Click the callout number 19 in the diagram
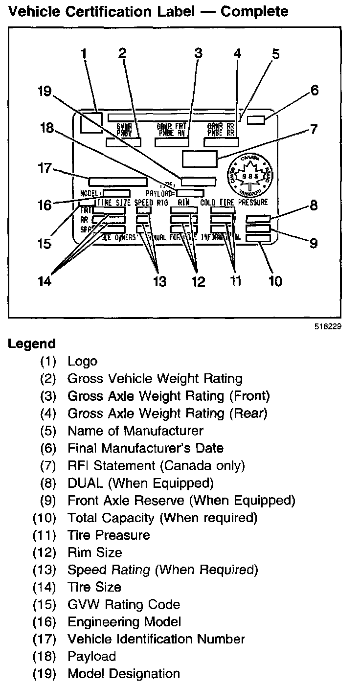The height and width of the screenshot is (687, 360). pos(45,92)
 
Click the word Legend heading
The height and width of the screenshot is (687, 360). pos(31,343)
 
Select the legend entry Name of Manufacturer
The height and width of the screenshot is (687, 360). pos(135,431)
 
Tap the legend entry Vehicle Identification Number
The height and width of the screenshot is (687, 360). pos(156,639)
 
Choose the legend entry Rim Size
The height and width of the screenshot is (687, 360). pos(95,552)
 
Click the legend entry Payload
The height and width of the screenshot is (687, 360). pos(91,656)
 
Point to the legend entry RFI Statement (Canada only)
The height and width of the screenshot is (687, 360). pos(156,465)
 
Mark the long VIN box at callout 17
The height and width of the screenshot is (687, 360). pos(117,181)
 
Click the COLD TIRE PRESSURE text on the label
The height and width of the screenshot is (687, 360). pos(234,202)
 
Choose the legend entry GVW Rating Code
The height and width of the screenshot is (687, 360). pos(124,604)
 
